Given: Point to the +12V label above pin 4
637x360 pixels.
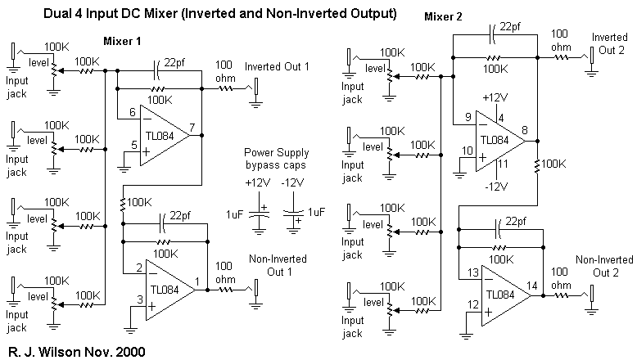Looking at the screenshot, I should point(495,97).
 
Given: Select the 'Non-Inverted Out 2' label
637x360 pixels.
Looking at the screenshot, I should point(604,267).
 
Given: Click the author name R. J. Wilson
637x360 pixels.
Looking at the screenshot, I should point(42,351).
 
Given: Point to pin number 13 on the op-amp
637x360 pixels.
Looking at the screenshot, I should point(470,272).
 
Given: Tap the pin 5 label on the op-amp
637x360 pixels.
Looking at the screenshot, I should point(133,146).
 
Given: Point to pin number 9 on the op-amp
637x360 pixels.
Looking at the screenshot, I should point(466,118).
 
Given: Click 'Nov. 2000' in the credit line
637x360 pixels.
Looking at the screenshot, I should point(118,351).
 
